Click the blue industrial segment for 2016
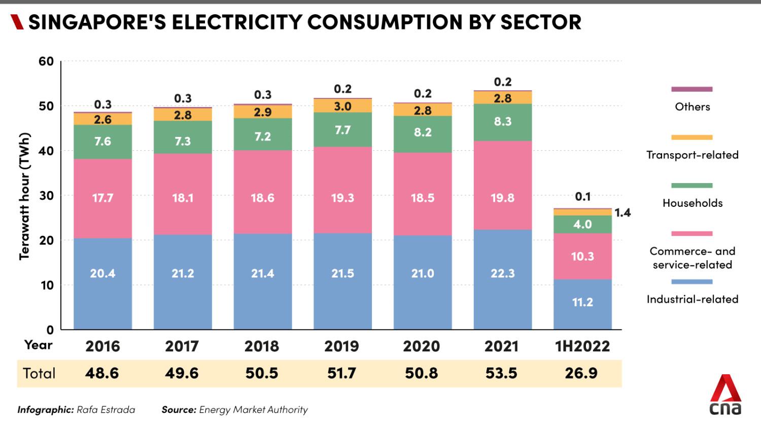coord(102,283)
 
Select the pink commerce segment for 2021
coord(502,185)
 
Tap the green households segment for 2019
coord(342,130)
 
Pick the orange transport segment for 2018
coord(263,112)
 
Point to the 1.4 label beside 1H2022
coord(622,212)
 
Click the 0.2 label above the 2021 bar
coord(502,82)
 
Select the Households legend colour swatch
coord(691,186)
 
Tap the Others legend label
coord(692,106)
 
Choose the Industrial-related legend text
coord(692,299)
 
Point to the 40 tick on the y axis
coord(46,151)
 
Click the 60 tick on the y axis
coord(46,61)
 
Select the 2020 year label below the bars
coord(421,346)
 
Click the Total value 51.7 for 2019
coord(342,373)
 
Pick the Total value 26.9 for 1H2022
coord(581,373)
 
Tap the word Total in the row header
coord(39,373)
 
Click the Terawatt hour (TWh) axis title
coord(24,196)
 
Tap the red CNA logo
coord(725,395)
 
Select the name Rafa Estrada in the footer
coord(106,410)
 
